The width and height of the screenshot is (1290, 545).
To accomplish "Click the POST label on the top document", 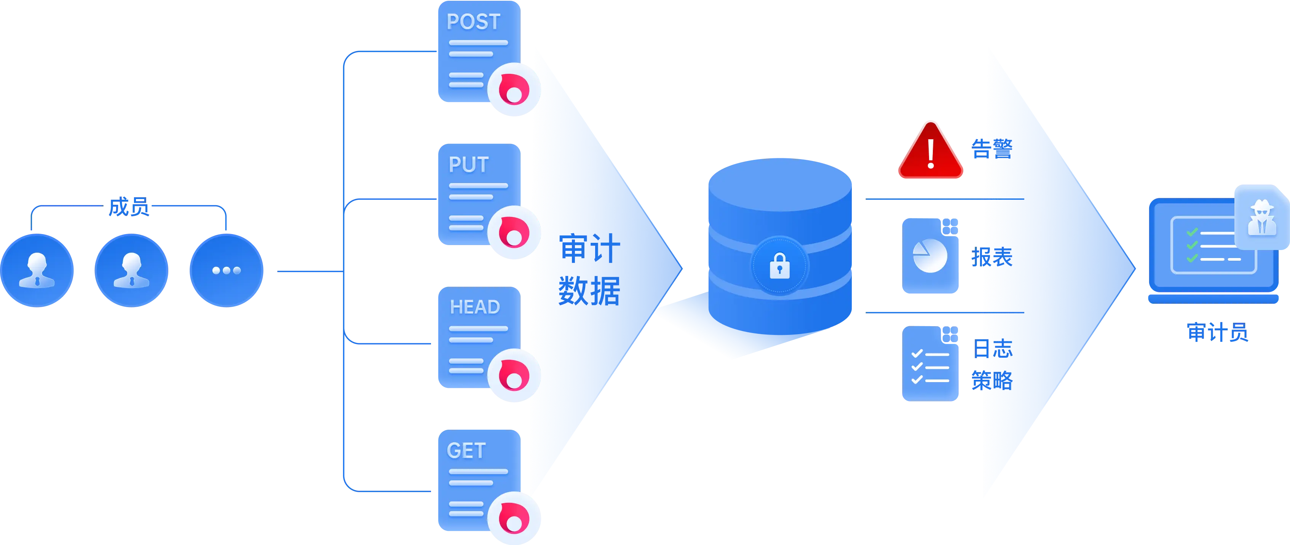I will [473, 22].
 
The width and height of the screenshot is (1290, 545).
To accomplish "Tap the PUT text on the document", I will [468, 165].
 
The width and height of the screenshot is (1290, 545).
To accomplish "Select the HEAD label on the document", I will [475, 307].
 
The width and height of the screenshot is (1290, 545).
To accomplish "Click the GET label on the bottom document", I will [466, 450].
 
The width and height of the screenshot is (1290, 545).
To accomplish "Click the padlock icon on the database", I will [779, 265].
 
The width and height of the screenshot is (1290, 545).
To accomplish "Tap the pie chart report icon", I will [930, 256].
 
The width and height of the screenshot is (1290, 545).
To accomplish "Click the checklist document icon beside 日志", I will [930, 364].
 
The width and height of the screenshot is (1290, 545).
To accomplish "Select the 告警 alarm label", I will [991, 149].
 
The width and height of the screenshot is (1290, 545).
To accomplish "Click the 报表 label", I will [991, 257].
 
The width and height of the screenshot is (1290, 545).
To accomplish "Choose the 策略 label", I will [992, 380].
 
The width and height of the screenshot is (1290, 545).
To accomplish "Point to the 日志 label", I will [993, 348].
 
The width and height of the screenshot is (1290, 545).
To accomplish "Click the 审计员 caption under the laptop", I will [1217, 333].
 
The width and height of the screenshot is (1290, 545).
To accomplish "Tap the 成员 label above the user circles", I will [129, 207].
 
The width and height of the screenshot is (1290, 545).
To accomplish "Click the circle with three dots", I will [226, 270].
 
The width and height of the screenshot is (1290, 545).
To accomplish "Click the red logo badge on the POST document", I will [514, 90].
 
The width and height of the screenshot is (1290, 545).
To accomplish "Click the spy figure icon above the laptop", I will [1261, 218].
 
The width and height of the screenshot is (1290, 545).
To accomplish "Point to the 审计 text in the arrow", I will [589, 248].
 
